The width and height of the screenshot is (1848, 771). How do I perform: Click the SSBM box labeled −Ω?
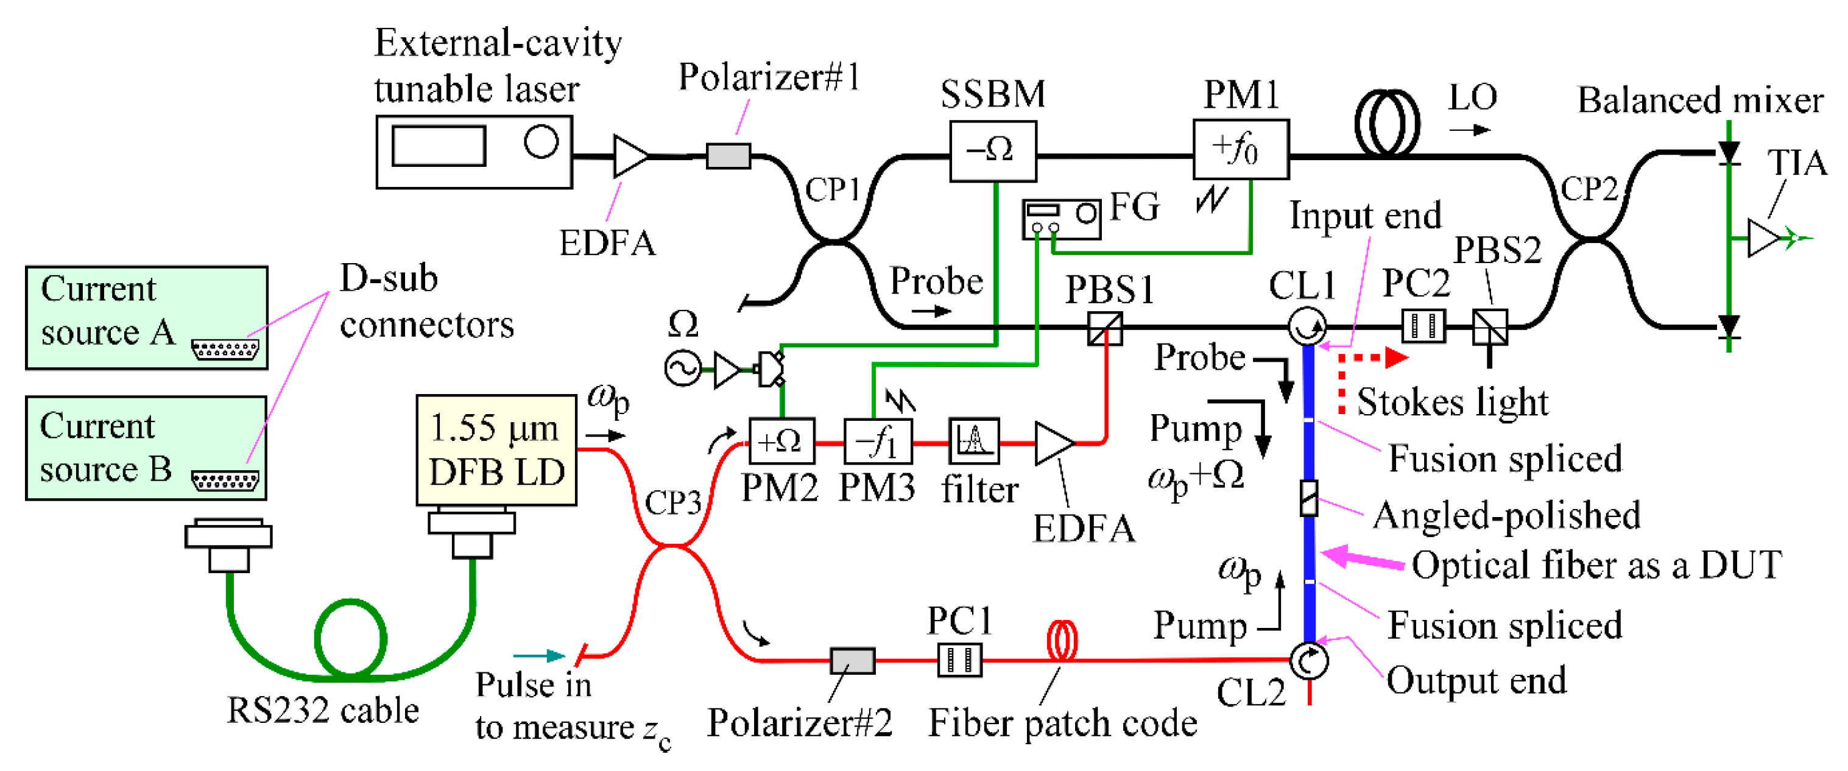coord(992,150)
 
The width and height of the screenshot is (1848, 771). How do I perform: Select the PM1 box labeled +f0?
coord(1240,149)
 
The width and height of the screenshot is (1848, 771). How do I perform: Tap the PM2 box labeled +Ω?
coord(781,441)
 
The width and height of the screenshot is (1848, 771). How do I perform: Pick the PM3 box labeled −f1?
coord(877,441)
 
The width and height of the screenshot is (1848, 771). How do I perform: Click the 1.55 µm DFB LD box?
coord(496,449)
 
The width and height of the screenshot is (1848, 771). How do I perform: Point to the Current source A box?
coord(146,318)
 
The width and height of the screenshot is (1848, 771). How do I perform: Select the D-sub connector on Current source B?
coord(225,480)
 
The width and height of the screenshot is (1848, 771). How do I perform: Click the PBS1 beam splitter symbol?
coord(1104,328)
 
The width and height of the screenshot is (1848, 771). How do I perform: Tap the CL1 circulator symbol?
coord(1307,326)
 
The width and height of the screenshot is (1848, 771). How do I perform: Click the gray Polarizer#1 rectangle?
coord(728,156)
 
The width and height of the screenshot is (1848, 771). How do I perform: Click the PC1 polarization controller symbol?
coord(959,660)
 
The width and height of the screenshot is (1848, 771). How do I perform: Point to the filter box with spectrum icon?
coord(973,440)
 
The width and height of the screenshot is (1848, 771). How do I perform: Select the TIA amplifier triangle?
coord(1764,238)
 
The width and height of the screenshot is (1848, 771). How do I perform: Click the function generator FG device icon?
coord(1060,219)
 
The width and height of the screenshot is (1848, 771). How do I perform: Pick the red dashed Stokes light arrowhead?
coord(1395,357)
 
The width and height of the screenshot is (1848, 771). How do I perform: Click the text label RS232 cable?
coord(323,711)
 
